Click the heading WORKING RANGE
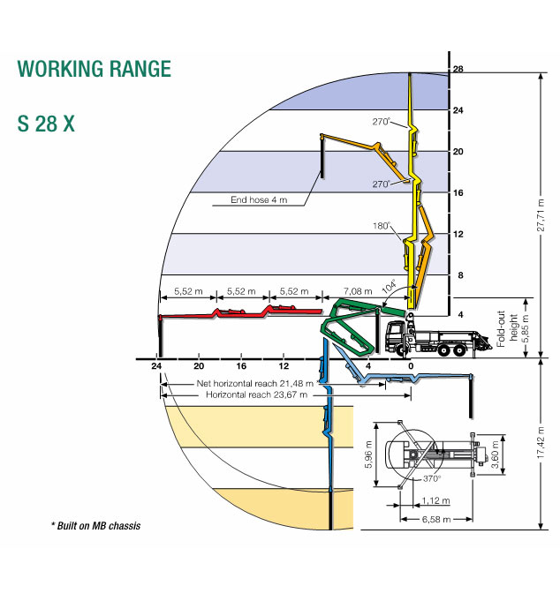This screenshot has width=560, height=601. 88,70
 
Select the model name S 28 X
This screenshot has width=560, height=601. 46,124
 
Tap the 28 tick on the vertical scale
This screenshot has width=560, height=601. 458,70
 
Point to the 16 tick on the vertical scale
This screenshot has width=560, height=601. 458,192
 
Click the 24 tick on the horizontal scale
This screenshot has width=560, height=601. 157,365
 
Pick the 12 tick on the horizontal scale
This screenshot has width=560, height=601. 284,365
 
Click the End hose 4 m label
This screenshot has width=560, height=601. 258,200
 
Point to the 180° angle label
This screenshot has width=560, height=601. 382,227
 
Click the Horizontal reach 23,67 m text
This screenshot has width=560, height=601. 256,395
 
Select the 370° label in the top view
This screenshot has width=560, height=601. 431,478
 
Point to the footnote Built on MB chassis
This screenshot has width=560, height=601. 95,526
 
